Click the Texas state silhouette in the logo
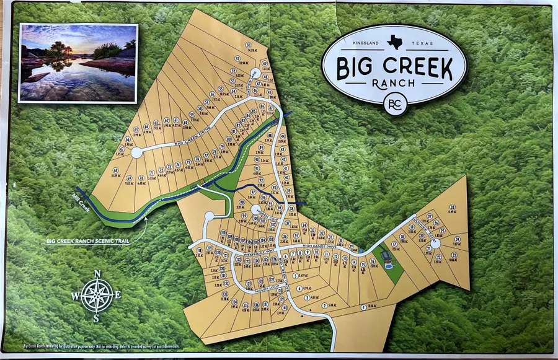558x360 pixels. (x=394, y=41)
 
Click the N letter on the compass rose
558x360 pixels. (x=97, y=273)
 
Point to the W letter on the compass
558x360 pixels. (x=75, y=296)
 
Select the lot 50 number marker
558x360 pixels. (x=248, y=45)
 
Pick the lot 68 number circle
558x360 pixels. (x=115, y=170)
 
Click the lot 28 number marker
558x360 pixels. (x=453, y=207)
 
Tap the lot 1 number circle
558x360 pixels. (x=363, y=307)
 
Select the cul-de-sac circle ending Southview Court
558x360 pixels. (x=436, y=244)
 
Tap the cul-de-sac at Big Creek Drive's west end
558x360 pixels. (x=136, y=151)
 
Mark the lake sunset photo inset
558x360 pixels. (x=78, y=62)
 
